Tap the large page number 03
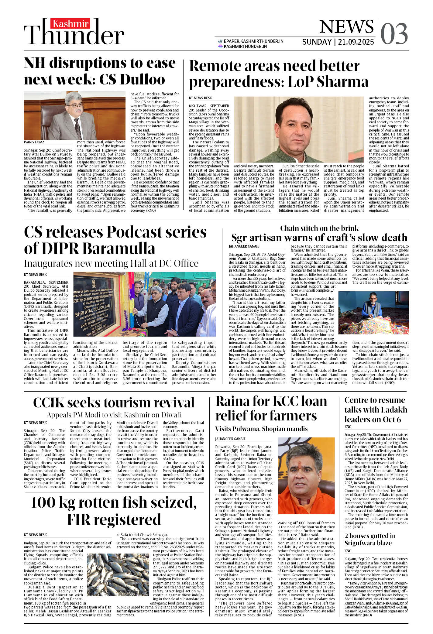tap(394, 34)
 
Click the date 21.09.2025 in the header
tap(356, 42)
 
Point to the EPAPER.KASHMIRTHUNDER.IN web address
tap(253, 41)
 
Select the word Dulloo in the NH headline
tap(143, 80)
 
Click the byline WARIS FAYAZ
tap(34, 142)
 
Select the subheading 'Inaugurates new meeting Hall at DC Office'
tap(111, 263)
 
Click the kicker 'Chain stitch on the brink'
tap(319, 228)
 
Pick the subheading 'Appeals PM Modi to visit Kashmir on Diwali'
tap(114, 415)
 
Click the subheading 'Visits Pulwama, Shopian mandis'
tap(261, 429)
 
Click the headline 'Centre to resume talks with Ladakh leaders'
tap(376, 410)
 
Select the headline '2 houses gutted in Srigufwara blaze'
tap(370, 539)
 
